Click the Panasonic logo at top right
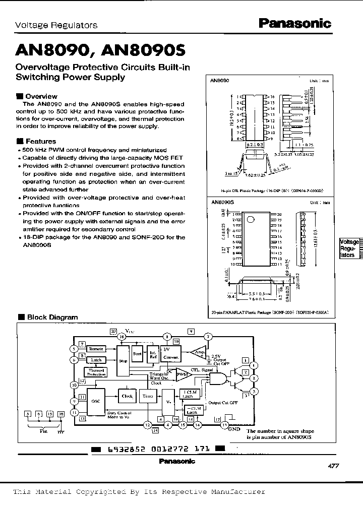tap(294, 23)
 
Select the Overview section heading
tap(41, 96)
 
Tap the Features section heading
tap(40, 142)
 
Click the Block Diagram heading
tap(51, 317)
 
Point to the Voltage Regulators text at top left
tap(56, 25)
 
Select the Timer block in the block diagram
tap(147, 397)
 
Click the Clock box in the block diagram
tap(127, 396)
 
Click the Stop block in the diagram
tap(122, 361)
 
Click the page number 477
tap(333, 466)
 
